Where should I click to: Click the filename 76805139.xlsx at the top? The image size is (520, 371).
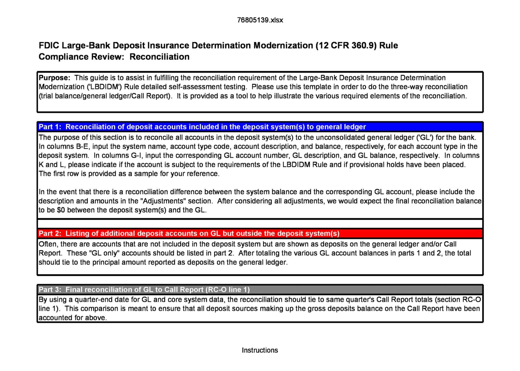coord(260,20)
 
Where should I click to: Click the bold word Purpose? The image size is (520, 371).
coord(54,78)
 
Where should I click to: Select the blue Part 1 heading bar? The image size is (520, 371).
coord(260,127)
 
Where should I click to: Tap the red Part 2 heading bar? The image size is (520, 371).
coord(260,234)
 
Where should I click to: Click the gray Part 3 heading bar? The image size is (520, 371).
coord(260,290)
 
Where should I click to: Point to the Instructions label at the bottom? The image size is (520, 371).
coord(260,350)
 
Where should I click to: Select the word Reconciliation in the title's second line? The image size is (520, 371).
coord(159,57)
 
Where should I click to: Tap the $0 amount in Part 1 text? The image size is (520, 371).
coord(61,210)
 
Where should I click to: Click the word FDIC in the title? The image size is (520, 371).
coord(49,46)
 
